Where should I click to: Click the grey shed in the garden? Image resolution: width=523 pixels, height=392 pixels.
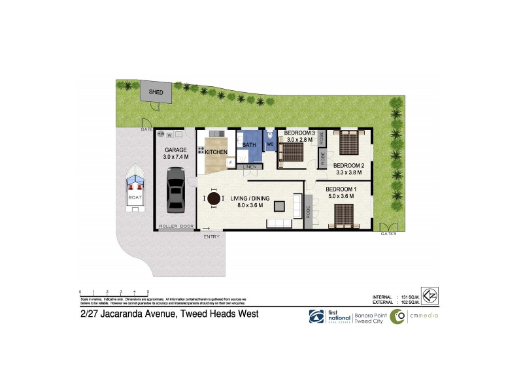tap(156, 92)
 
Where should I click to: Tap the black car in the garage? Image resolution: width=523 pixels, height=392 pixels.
tap(175, 189)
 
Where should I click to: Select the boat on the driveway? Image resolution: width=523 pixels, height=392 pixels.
tap(136, 189)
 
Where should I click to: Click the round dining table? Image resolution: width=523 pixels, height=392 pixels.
tap(214, 199)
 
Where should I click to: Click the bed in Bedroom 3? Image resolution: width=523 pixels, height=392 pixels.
tap(291, 151)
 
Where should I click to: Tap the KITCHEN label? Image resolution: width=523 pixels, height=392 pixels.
tap(217, 152)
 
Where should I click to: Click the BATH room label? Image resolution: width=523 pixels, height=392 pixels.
tap(249, 145)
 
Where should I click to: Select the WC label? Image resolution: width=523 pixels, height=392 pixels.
tap(269, 144)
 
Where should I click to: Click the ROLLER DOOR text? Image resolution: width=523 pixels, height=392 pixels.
tap(178, 226)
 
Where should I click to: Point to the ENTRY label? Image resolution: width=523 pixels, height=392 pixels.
tap(211, 237)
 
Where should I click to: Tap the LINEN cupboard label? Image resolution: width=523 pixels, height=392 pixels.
tap(249, 167)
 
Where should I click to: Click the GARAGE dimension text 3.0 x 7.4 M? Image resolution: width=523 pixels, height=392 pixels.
tap(176, 157)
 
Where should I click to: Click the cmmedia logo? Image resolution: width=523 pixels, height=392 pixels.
tap(414, 316)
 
